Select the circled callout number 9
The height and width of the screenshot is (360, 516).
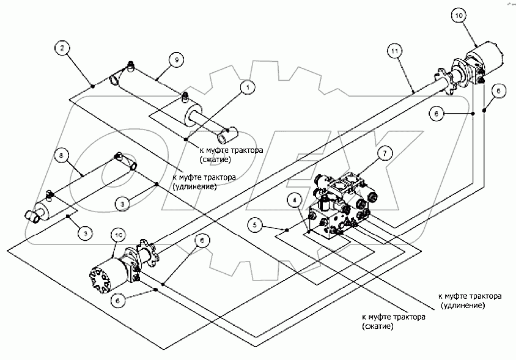coord(175,59)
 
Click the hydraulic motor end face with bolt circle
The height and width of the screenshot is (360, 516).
coord(102,277)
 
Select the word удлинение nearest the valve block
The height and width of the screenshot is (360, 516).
coord(463,304)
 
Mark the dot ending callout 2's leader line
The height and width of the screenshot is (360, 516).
coord(92,87)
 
